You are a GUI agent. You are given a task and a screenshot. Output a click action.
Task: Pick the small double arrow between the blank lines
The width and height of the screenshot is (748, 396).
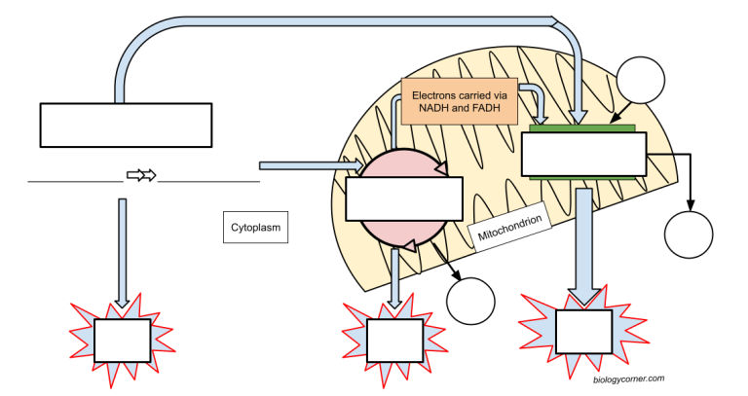[141, 176]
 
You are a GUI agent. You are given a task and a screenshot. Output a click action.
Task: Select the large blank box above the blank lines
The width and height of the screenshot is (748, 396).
[126, 125]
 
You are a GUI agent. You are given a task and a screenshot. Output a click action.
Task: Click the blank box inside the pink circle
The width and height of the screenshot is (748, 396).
[403, 200]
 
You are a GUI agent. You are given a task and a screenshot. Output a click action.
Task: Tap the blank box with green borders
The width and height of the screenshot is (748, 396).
[583, 154]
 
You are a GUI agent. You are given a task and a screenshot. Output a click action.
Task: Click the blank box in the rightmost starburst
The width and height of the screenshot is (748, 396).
[583, 333]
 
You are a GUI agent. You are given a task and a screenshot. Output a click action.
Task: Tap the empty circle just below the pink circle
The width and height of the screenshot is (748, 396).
[471, 301]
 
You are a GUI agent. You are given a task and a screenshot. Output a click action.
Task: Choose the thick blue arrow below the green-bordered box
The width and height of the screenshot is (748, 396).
[582, 243]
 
